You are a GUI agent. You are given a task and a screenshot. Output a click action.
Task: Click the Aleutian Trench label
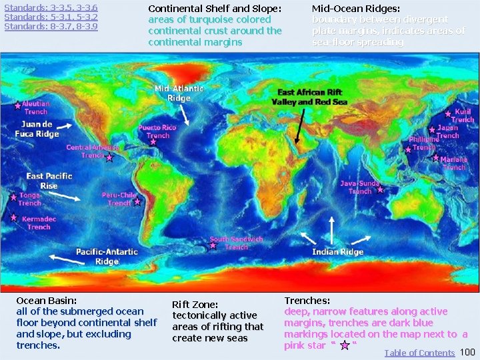pyautogui.click(x=35, y=108)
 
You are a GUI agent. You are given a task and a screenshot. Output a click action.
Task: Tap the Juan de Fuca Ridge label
pyautogui.click(x=37, y=129)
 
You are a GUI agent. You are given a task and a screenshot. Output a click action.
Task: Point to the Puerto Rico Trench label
pyautogui.click(x=157, y=131)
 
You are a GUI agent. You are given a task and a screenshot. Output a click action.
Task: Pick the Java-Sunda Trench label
pyautogui.click(x=360, y=187)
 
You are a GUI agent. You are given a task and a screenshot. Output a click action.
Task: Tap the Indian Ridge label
pyautogui.click(x=337, y=252)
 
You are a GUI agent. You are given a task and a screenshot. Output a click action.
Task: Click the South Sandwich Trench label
pyautogui.click(x=236, y=243)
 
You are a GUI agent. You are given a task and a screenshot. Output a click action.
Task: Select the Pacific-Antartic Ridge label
pyautogui.click(x=107, y=257)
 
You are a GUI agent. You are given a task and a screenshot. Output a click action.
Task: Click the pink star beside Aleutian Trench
pyautogui.click(x=17, y=105)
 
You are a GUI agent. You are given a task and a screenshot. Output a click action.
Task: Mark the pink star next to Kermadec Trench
pyautogui.click(x=13, y=217)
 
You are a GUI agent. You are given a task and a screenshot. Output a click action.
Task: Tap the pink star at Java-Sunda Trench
pyautogui.click(x=380, y=189)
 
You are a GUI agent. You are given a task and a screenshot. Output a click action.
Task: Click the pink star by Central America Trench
pyautogui.click(x=109, y=158)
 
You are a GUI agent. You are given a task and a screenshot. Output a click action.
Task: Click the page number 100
pyautogui.click(x=468, y=352)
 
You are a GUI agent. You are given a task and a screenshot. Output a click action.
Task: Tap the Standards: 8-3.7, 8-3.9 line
pyautogui.click(x=51, y=27)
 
